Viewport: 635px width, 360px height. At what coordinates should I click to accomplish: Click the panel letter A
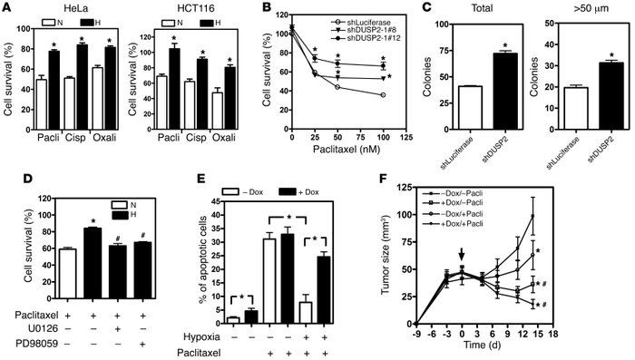click(x=8, y=10)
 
